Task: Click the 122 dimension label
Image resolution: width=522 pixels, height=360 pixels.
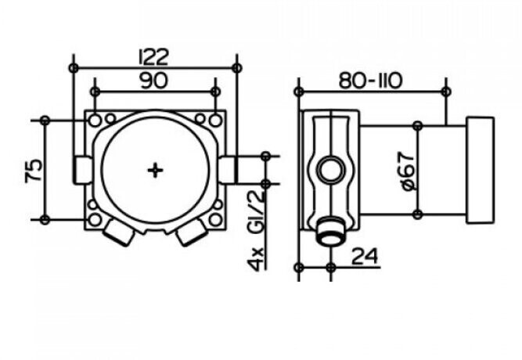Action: coord(154,56)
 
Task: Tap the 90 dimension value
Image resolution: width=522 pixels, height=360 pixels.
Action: coord(154,81)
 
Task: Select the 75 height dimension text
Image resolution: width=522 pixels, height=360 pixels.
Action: coord(34,170)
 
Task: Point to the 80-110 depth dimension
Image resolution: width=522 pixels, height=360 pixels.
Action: coord(370,81)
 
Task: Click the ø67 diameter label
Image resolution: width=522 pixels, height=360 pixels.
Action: coord(408,171)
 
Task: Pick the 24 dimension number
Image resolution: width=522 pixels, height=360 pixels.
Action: coord(365,257)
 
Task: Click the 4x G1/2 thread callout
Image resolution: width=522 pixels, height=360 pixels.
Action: coord(256,230)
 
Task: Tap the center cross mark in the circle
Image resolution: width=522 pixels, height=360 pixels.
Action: coord(155,171)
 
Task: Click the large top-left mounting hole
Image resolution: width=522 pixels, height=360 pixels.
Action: coord(95,121)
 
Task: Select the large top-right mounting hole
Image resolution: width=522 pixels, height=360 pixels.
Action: coord(216,121)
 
